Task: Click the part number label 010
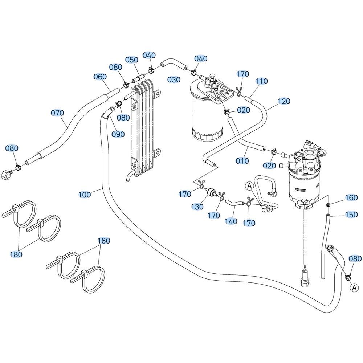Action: (x=242, y=160)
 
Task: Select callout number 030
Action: (x=174, y=79)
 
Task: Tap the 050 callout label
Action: (x=132, y=60)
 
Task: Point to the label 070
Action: (x=57, y=113)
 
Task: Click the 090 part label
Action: (x=118, y=134)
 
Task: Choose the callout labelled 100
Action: (x=85, y=195)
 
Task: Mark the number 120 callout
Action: (x=284, y=101)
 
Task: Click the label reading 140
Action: (x=231, y=221)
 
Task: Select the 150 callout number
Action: (x=351, y=215)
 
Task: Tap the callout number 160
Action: (x=351, y=197)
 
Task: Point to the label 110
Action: (x=261, y=81)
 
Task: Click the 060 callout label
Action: (x=100, y=77)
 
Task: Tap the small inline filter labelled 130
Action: (x=211, y=192)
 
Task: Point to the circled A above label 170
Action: (x=249, y=186)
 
